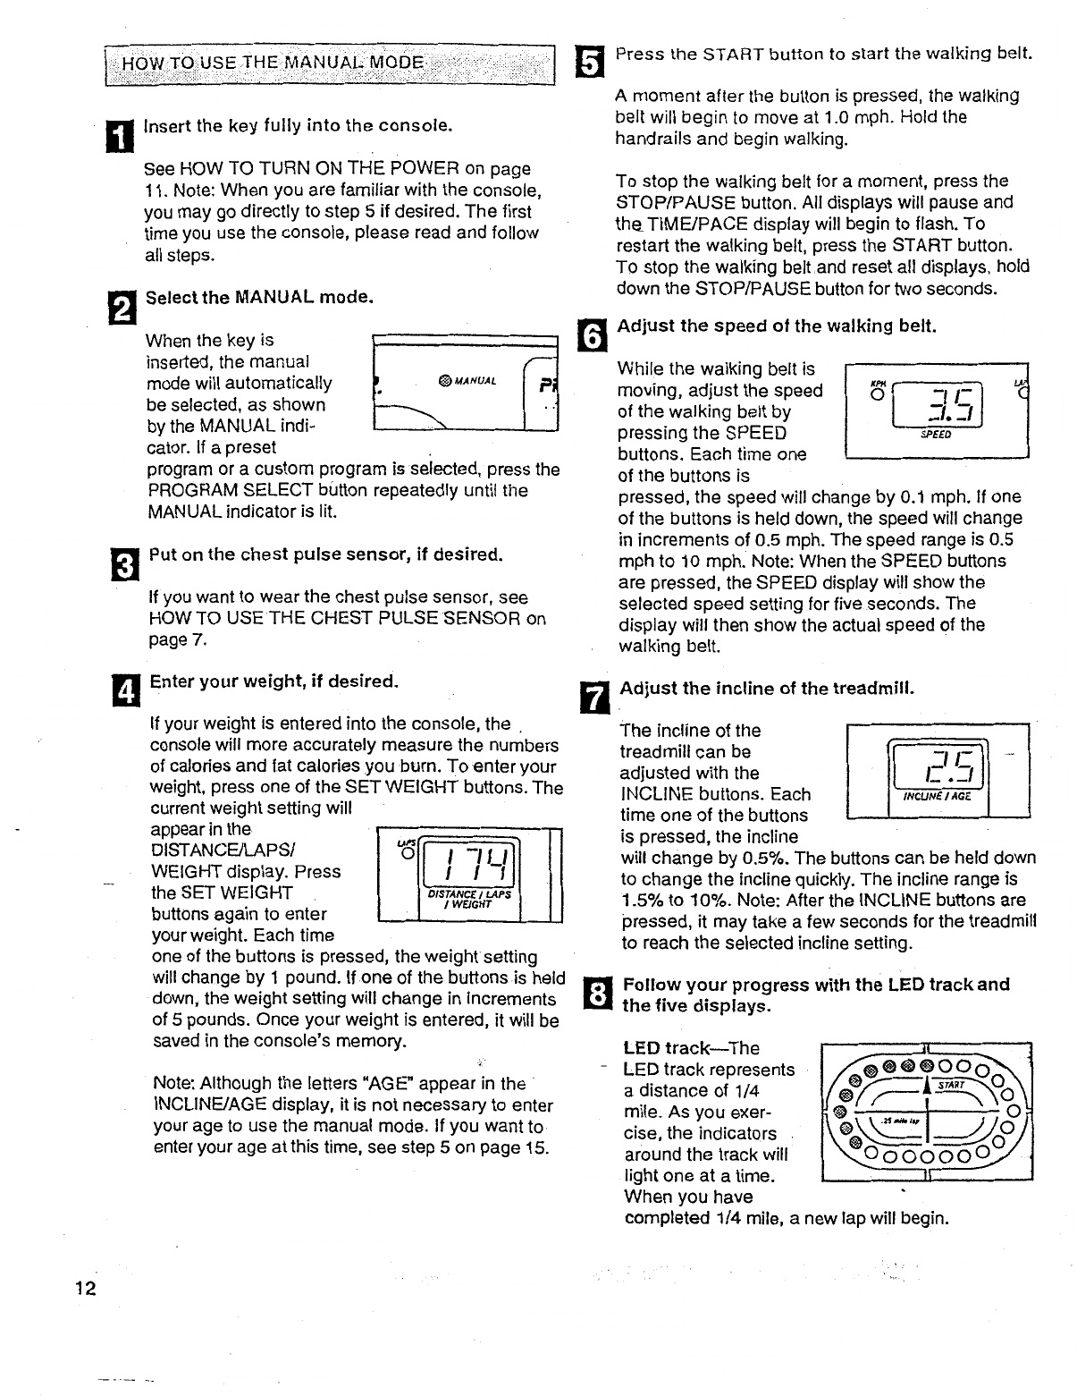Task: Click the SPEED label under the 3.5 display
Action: [x=936, y=436]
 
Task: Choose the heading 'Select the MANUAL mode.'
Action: [x=259, y=296]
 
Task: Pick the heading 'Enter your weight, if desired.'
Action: [x=273, y=681]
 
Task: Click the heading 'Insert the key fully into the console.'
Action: [x=298, y=125]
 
